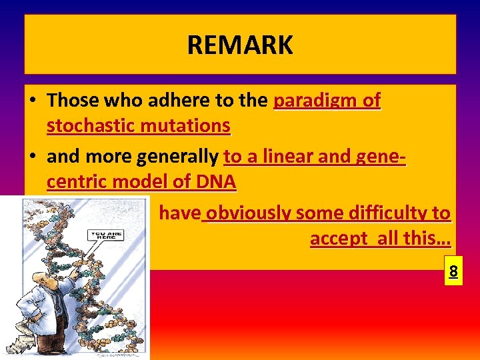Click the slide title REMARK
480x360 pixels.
(239, 45)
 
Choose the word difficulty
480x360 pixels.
(381, 213)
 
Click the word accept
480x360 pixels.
(337, 239)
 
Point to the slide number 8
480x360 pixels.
(453, 271)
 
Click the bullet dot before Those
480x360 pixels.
(32, 101)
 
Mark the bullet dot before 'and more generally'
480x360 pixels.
(32, 157)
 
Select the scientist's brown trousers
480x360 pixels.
(50, 333)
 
